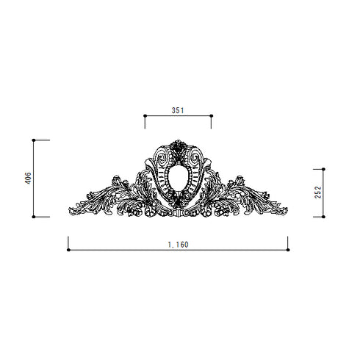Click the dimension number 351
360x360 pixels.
(x=177, y=109)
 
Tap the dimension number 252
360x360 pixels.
(x=318, y=192)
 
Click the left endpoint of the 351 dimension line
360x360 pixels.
(x=145, y=115)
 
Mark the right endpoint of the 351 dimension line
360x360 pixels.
(x=211, y=115)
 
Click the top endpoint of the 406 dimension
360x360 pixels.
(x=34, y=140)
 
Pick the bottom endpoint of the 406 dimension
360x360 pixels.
(x=34, y=217)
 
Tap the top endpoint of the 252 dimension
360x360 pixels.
(x=324, y=169)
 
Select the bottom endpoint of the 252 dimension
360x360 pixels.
(x=324, y=217)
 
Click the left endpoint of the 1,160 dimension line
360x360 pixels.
(x=68, y=250)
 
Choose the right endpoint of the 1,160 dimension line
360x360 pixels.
(x=288, y=250)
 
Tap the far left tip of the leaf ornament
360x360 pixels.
(x=70, y=208)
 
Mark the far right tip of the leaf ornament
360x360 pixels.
(x=287, y=208)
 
